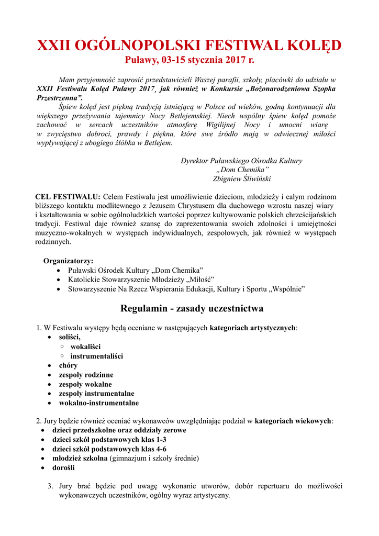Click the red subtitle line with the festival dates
click(189, 61)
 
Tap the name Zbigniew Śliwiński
click(241, 178)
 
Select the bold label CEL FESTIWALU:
click(68, 196)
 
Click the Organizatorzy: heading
click(69, 261)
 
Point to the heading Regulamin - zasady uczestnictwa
click(192, 308)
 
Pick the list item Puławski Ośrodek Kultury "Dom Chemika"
click(136, 270)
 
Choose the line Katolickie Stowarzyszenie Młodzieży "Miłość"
click(141, 280)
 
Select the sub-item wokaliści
click(85, 347)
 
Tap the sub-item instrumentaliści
click(97, 356)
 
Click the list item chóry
click(68, 365)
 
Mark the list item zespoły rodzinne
click(86, 375)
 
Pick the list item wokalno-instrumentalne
click(98, 403)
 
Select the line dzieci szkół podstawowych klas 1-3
click(109, 440)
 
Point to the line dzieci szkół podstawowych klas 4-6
click(109, 449)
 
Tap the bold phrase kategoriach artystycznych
click(252, 328)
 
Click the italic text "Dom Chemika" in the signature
click(242, 170)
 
